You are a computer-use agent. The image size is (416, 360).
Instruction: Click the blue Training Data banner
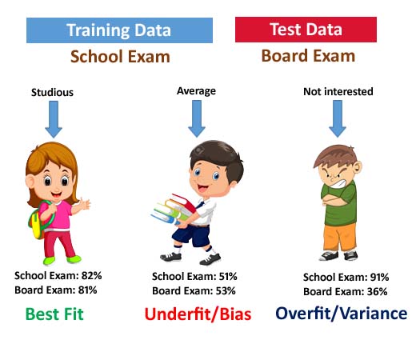coord(119,30)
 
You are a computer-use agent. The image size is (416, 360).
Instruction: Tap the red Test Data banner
coord(306,30)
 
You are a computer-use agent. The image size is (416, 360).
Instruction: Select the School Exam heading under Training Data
coord(120,57)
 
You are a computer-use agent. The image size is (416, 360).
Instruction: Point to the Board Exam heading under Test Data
coord(308,56)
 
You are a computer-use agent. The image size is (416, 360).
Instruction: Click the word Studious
coord(52,92)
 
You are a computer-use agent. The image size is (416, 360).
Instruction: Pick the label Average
coord(196,91)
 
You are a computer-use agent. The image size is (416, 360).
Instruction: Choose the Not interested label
coord(338,91)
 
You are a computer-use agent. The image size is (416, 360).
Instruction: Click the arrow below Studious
coord(54,119)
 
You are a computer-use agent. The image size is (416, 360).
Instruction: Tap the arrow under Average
coord(197,118)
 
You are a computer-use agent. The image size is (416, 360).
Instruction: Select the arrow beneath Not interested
coord(338,118)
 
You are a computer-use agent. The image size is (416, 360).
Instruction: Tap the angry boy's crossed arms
coord(337,199)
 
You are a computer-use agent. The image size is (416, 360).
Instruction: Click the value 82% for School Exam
coord(92,275)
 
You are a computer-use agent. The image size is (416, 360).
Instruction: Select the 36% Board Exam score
coord(377,291)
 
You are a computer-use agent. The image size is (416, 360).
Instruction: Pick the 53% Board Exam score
coord(226,290)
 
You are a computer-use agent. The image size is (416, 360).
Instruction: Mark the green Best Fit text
coord(54,314)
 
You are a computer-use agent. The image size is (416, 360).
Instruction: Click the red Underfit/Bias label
coord(198,314)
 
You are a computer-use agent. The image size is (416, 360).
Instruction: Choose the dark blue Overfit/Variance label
coord(342,313)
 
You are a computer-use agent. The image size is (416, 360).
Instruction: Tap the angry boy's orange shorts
coord(340,238)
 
